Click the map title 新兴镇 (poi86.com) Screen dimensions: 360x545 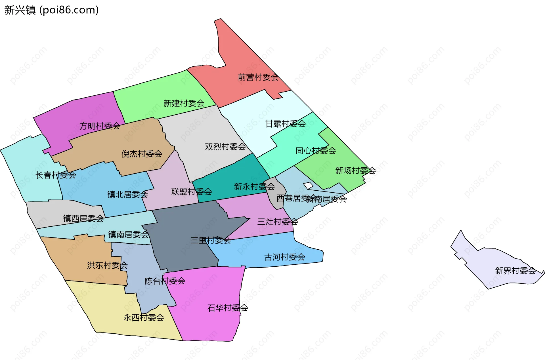pyautogui.click(x=51, y=10)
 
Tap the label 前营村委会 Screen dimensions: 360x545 pyautogui.click(x=258, y=77)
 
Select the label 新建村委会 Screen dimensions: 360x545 pyautogui.click(x=184, y=103)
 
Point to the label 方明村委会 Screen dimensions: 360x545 pyautogui.click(x=100, y=126)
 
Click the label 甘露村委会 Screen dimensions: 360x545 pyautogui.click(x=285, y=124)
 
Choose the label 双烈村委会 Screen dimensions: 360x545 pyautogui.click(x=225, y=147)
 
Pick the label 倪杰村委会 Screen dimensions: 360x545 pyautogui.click(x=142, y=154)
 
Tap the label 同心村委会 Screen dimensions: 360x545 pyautogui.click(x=316, y=151)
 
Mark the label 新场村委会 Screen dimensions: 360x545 pyautogui.click(x=355, y=170)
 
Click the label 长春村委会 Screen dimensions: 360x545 pyautogui.click(x=56, y=175)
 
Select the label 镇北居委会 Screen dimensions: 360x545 pyautogui.click(x=127, y=194)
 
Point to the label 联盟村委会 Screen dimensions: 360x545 pyautogui.click(x=191, y=192)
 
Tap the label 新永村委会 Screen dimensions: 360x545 pyautogui.click(x=254, y=186)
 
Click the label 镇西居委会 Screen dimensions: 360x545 pyautogui.click(x=83, y=218)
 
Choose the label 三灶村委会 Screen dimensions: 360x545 pyautogui.click(x=277, y=222)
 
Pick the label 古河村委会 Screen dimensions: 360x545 pyautogui.click(x=284, y=257)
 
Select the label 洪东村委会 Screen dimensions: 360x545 pyautogui.click(x=107, y=265)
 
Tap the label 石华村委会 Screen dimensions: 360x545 pyautogui.click(x=227, y=308)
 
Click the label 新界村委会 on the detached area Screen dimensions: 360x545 pyautogui.click(x=515, y=271)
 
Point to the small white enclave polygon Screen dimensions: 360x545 pyautogui.click(x=308, y=186)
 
